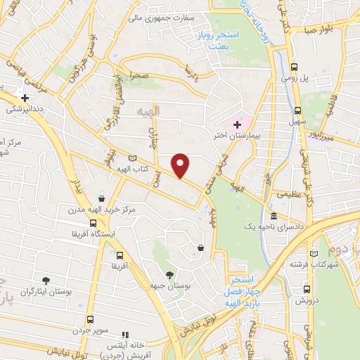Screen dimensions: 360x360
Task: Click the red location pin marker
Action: pos(181,165)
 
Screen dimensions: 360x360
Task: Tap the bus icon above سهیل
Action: pos(298,110)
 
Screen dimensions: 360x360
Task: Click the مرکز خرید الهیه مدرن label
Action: pos(101,210)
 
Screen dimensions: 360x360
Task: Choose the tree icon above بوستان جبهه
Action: pos(169,274)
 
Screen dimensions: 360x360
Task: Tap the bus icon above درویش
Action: pos(307,287)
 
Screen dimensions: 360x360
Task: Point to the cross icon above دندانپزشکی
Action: pos(25,98)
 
